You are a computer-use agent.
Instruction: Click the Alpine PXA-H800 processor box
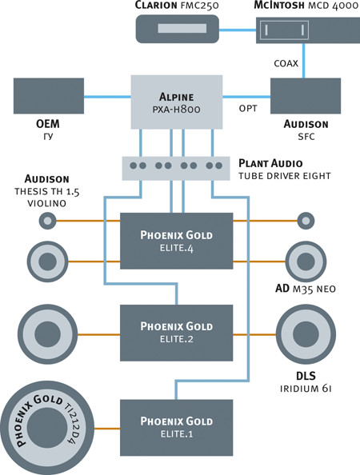pyautogui.click(x=177, y=102)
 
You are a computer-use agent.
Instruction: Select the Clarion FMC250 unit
pyautogui.click(x=177, y=29)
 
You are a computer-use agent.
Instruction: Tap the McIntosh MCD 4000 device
pyautogui.click(x=308, y=30)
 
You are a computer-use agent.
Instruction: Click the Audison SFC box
pyautogui.click(x=306, y=96)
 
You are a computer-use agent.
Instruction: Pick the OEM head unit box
pyautogui.click(x=49, y=96)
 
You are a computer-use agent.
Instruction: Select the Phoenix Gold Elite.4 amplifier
pyautogui.click(x=177, y=241)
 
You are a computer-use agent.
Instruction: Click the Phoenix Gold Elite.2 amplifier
pyautogui.click(x=177, y=333)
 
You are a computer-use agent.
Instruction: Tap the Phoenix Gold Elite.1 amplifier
pyautogui.click(x=177, y=428)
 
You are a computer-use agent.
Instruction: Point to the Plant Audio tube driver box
pyautogui.click(x=176, y=168)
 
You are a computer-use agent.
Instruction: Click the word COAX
pyautogui.click(x=286, y=63)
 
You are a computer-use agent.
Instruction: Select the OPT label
pyautogui.click(x=248, y=108)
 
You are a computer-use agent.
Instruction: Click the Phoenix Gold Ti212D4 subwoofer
pyautogui.click(x=47, y=428)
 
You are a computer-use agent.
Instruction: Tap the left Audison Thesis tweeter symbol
pyautogui.click(x=47, y=221)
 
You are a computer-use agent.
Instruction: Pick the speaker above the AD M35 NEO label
pyautogui.click(x=306, y=261)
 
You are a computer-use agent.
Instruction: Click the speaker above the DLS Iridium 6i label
pyautogui.click(x=306, y=334)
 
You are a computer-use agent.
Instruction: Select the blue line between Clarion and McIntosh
pyautogui.click(x=238, y=30)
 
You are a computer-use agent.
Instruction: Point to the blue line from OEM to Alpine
pyautogui.click(x=107, y=97)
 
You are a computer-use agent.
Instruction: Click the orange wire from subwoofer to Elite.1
pyautogui.click(x=107, y=429)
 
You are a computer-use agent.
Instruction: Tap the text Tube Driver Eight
pyautogui.click(x=284, y=176)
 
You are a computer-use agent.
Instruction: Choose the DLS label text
pyautogui.click(x=306, y=376)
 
